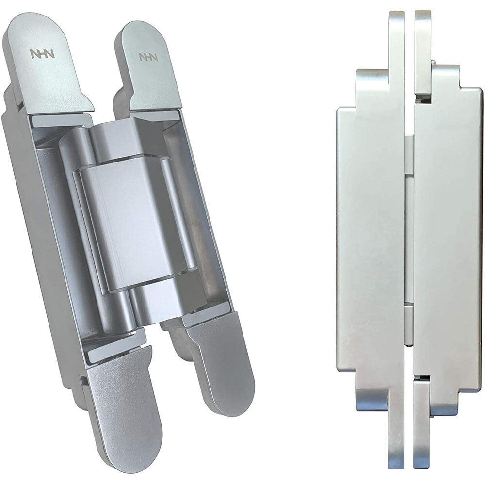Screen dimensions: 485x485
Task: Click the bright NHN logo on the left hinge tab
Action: point(42,53)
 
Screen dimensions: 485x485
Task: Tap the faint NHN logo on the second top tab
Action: point(148,57)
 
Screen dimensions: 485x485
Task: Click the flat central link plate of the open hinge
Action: point(136,226)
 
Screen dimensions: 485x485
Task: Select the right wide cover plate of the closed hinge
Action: point(448,241)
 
